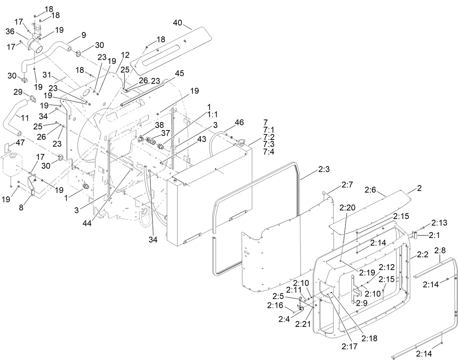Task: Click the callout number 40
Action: click(177, 23)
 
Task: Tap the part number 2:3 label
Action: click(324, 169)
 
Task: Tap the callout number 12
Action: click(125, 55)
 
